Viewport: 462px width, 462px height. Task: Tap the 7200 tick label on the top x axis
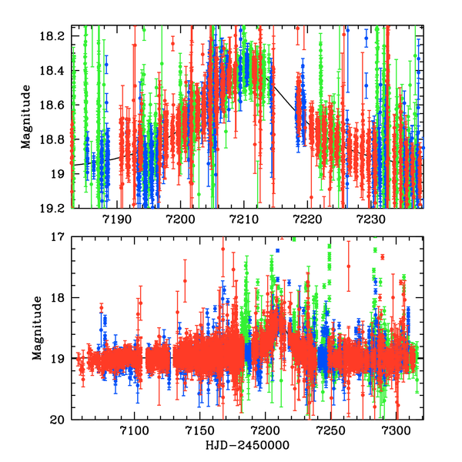[x=179, y=219]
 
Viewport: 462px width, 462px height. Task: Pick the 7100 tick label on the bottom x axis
[x=134, y=432]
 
